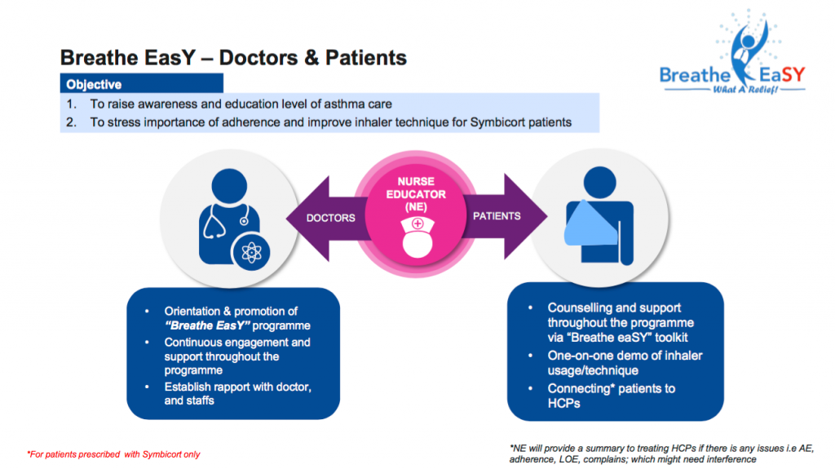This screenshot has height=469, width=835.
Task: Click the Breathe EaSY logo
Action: [733, 53]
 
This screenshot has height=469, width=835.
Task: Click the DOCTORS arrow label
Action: [330, 218]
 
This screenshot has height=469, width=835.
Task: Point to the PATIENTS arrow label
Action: [497, 216]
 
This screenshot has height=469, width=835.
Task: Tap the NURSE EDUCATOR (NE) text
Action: [416, 194]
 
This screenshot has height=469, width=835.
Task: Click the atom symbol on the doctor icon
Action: [251, 252]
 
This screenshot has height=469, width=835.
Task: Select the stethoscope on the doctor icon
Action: [223, 221]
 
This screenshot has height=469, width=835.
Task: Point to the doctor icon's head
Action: [229, 186]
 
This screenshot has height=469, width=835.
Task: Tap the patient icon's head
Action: [599, 183]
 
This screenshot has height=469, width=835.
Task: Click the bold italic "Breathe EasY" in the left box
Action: [207, 325]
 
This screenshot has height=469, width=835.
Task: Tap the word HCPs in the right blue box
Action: [564, 404]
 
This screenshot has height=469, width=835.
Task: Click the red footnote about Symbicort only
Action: [113, 454]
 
